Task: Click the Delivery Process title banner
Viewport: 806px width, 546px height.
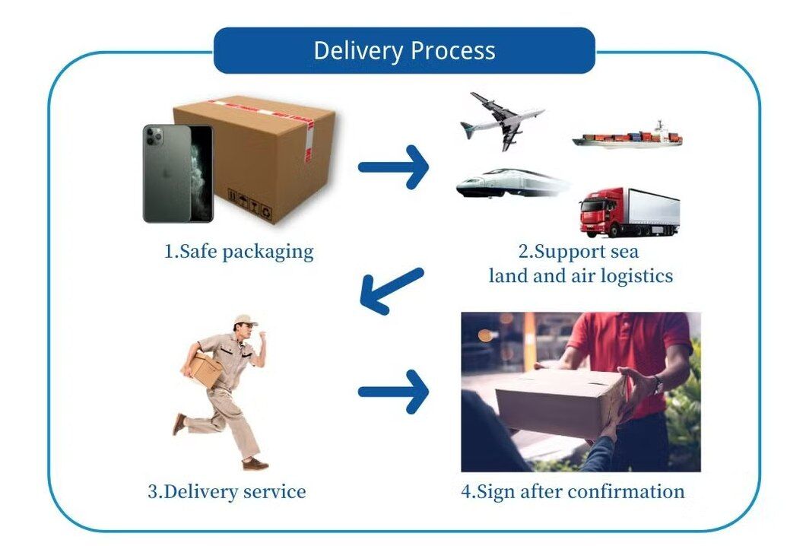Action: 404,51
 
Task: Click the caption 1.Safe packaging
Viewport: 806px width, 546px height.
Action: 239,252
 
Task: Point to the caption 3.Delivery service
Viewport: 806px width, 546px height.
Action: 227,491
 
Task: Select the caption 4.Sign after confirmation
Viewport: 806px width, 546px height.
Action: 573,491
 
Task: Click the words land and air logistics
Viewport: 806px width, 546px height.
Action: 580,275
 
